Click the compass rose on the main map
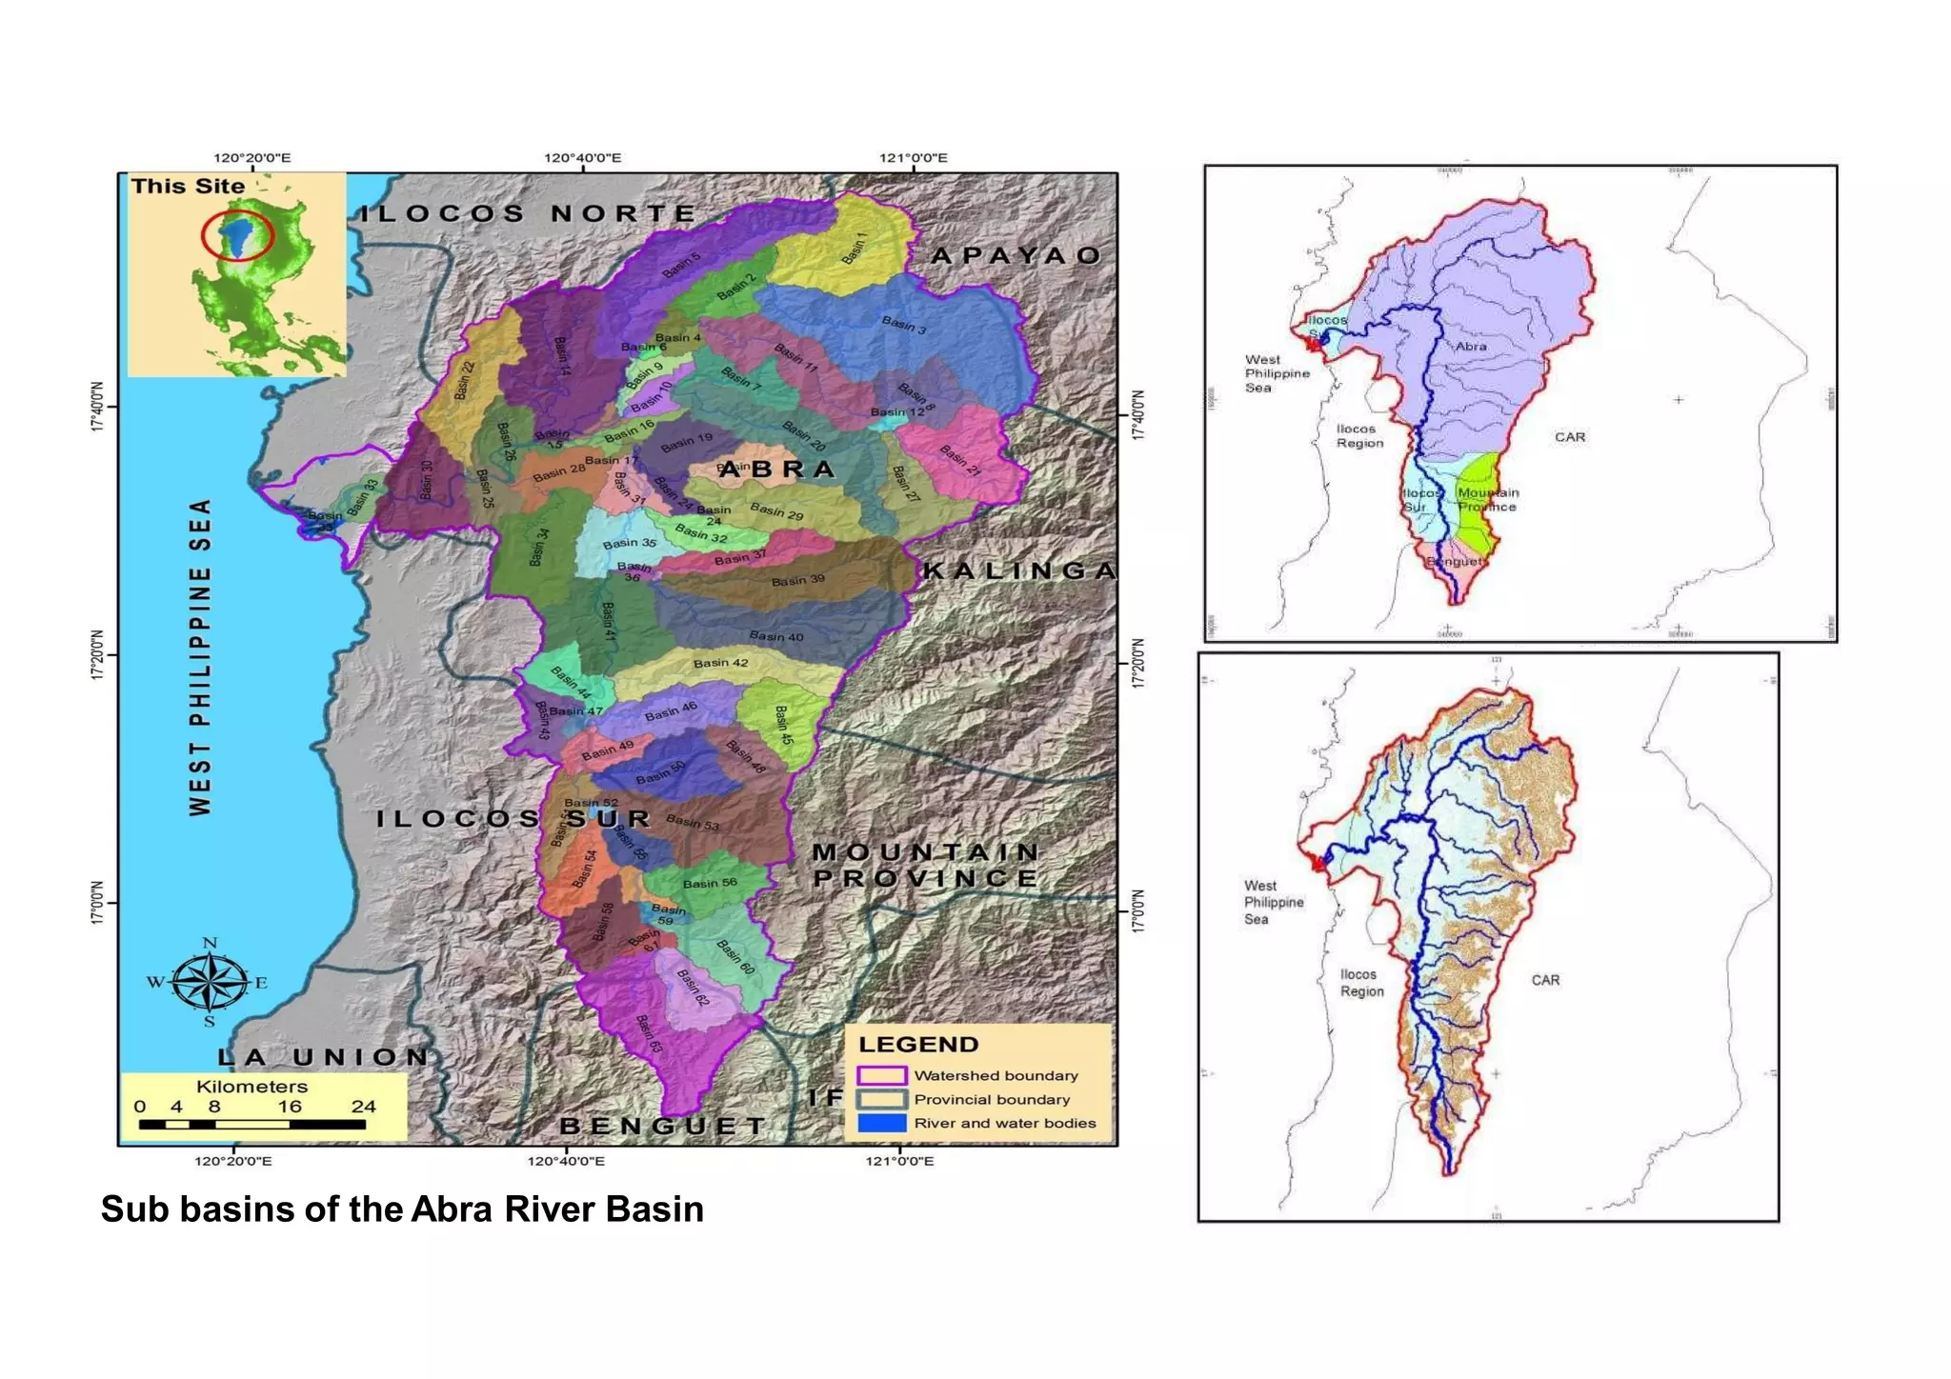(x=210, y=983)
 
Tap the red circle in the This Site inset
(x=237, y=235)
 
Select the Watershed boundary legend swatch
(x=881, y=1075)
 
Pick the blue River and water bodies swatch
(x=881, y=1123)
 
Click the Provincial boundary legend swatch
(x=881, y=1099)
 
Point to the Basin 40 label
(x=776, y=636)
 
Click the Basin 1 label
(x=855, y=249)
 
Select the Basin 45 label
(x=783, y=725)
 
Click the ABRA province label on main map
(x=776, y=470)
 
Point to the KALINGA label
(x=1018, y=571)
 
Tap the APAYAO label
(x=1016, y=255)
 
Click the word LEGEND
(x=918, y=1045)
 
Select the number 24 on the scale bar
(x=363, y=1107)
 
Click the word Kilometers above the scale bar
(x=251, y=1087)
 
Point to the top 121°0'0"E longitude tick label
(x=913, y=158)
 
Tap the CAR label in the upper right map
(x=1570, y=437)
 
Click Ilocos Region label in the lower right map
(x=1361, y=983)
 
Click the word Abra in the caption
(x=452, y=1209)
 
